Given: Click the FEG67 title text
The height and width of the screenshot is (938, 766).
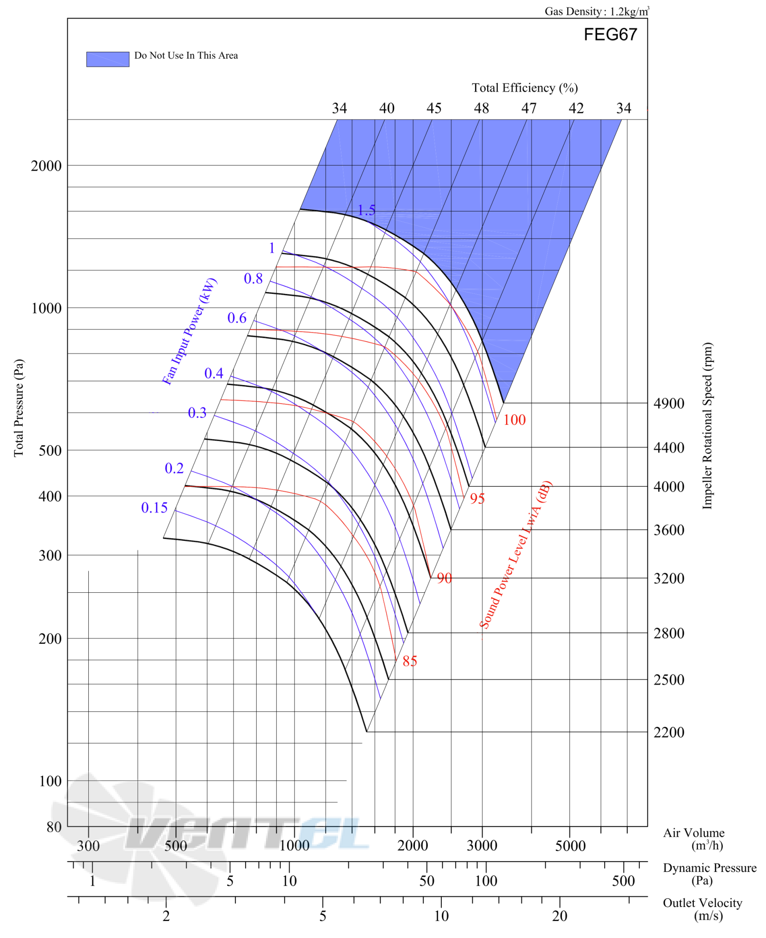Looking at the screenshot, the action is click(x=610, y=35).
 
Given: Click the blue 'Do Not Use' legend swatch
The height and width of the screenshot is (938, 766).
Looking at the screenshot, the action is click(x=108, y=59).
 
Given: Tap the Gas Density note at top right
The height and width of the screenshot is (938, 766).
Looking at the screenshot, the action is click(x=597, y=11).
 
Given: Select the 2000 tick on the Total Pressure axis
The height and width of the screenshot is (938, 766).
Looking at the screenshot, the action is click(x=46, y=166).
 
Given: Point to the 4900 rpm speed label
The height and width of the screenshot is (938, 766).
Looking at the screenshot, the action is click(x=669, y=404).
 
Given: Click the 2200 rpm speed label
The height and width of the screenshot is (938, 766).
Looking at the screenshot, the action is click(x=669, y=733).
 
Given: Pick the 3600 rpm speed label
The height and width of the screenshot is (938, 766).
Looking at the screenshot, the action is click(x=669, y=530).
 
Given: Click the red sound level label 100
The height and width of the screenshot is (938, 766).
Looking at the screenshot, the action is click(x=514, y=420).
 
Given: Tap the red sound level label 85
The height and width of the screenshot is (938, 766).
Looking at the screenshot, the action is click(x=410, y=661).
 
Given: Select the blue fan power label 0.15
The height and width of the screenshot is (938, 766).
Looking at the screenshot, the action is click(x=154, y=508).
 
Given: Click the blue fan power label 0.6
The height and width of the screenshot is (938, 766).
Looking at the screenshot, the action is click(x=237, y=318).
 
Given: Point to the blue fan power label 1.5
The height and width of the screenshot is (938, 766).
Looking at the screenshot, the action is click(x=366, y=211).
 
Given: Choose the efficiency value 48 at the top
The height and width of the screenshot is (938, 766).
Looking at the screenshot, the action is click(x=482, y=108).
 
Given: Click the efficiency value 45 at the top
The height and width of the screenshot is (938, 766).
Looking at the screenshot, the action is click(x=434, y=108).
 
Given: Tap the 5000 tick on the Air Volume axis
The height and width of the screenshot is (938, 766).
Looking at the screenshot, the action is click(x=570, y=846).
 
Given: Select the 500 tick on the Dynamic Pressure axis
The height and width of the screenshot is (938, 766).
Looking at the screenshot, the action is click(x=624, y=882).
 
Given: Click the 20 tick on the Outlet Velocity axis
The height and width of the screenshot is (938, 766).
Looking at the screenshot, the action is click(x=560, y=917).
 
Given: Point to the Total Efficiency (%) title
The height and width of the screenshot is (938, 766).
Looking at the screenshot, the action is click(x=525, y=88).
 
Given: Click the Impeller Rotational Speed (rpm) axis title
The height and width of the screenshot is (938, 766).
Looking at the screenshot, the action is click(x=708, y=426).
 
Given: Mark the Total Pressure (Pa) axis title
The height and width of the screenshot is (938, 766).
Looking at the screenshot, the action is click(x=19, y=408).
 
